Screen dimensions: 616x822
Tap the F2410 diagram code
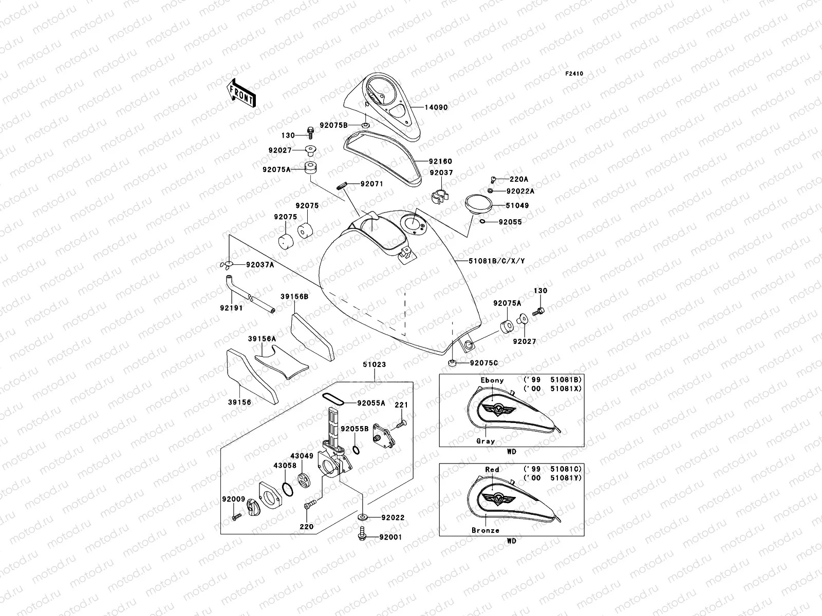click(574, 74)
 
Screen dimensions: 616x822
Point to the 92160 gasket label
click(440, 162)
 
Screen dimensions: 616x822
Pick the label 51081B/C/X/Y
click(496, 261)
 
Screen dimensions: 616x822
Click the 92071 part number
click(371, 184)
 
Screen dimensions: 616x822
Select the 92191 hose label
click(231, 308)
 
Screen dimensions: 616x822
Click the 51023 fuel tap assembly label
click(374, 365)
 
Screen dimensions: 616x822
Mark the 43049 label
click(302, 455)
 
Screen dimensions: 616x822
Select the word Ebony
click(492, 380)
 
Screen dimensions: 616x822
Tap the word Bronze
click(485, 530)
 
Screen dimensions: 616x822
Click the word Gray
click(485, 441)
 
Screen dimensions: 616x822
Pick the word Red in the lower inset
click(492, 470)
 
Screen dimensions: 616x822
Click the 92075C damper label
click(483, 363)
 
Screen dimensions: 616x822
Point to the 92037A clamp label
click(259, 265)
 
